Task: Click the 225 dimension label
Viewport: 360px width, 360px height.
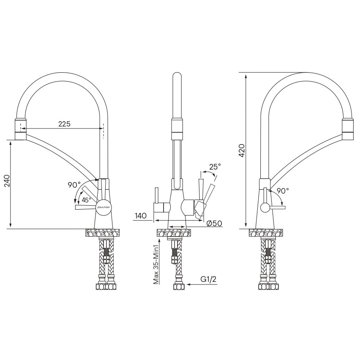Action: (x=64, y=124)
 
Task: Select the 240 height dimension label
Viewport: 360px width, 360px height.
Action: (x=7, y=181)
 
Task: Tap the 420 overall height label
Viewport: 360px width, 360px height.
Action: (x=242, y=150)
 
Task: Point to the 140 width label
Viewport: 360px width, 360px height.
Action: (x=141, y=215)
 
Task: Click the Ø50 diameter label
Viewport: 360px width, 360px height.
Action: (x=214, y=223)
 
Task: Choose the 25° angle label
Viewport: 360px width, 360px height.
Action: (x=215, y=166)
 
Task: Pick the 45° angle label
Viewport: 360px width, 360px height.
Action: (x=86, y=200)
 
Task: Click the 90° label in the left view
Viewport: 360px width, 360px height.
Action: (x=74, y=185)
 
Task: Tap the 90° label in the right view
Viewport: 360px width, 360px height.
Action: (x=283, y=191)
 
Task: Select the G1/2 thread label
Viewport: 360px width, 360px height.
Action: (x=208, y=279)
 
